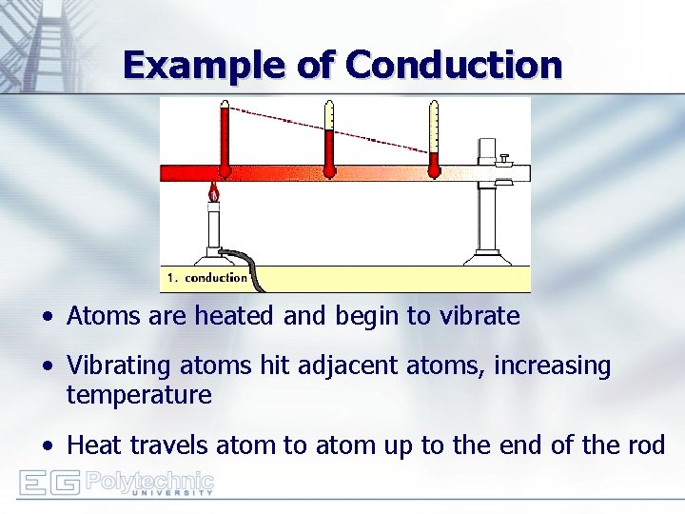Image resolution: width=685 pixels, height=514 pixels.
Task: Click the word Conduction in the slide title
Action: point(454,65)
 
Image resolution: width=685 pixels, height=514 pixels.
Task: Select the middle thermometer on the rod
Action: point(328,143)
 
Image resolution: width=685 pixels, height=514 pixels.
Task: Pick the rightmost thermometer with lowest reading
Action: point(434,143)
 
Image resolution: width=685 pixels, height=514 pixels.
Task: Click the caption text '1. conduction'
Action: point(207,278)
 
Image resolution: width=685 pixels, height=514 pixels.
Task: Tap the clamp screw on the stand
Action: point(506,158)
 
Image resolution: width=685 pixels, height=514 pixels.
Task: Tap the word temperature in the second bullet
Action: point(139,395)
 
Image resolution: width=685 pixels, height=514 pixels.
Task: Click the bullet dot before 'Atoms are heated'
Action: point(48,317)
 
